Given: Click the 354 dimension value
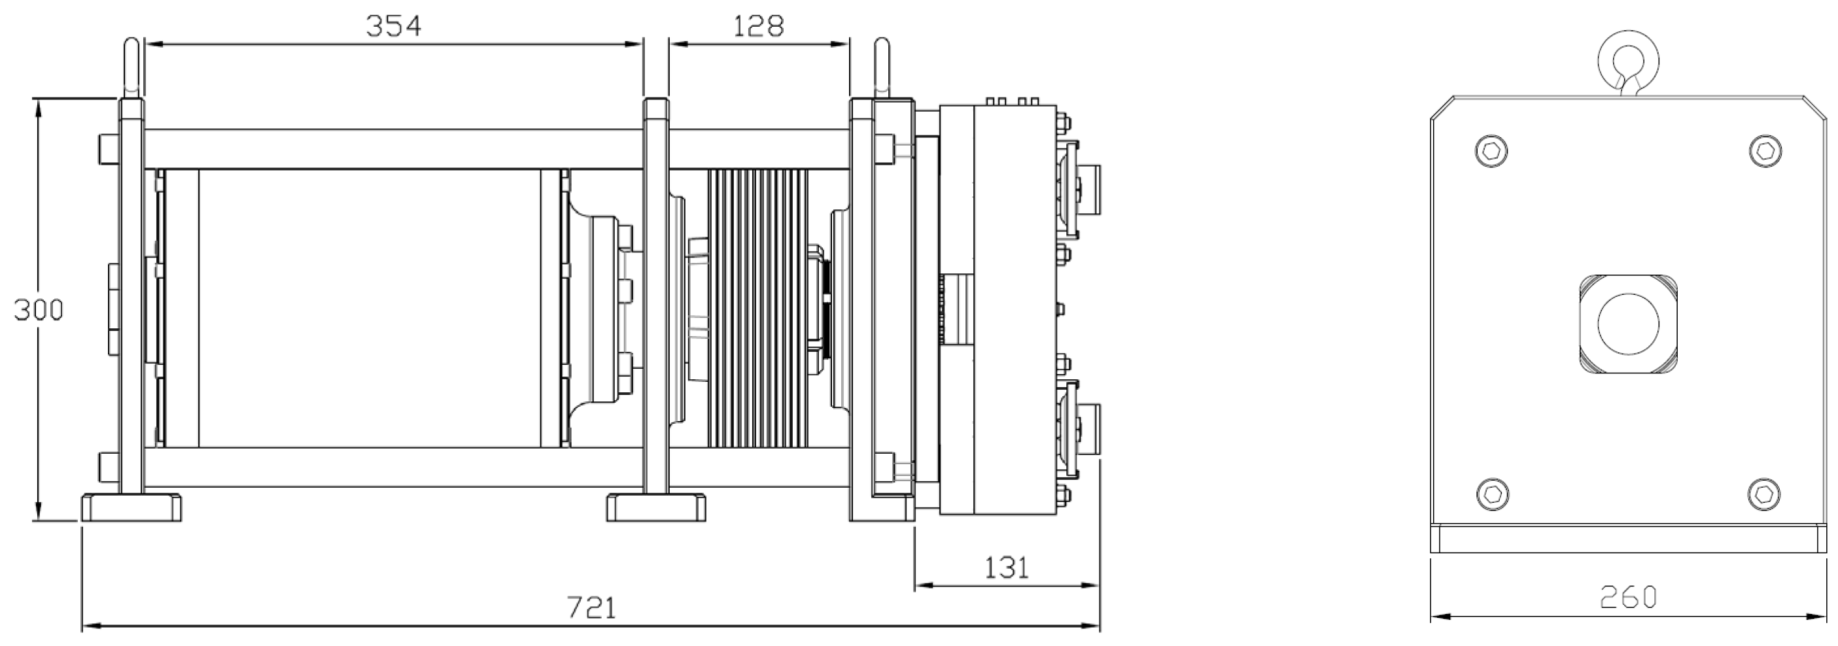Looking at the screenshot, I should coord(394,26).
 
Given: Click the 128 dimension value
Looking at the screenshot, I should coord(759,26).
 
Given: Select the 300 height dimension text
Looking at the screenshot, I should coord(39,310).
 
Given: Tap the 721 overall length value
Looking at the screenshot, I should coord(591,607).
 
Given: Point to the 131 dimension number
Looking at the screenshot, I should coord(1007,568).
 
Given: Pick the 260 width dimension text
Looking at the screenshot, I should coord(1627,598).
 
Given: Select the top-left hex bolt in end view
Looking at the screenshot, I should coord(1491,150).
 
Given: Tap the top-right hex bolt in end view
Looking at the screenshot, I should coord(1766,150).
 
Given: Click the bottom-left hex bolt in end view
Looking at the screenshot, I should coord(1491,494).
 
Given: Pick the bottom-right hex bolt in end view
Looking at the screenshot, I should coord(1765,494).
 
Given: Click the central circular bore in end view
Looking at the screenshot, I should coord(1627,323).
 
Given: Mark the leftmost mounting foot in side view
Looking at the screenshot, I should coord(131,507).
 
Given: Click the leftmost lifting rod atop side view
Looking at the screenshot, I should coord(131,68).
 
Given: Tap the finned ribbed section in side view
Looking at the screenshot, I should coord(757,308).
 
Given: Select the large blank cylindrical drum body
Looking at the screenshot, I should coord(368,308).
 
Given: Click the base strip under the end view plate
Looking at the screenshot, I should coord(1627,539).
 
